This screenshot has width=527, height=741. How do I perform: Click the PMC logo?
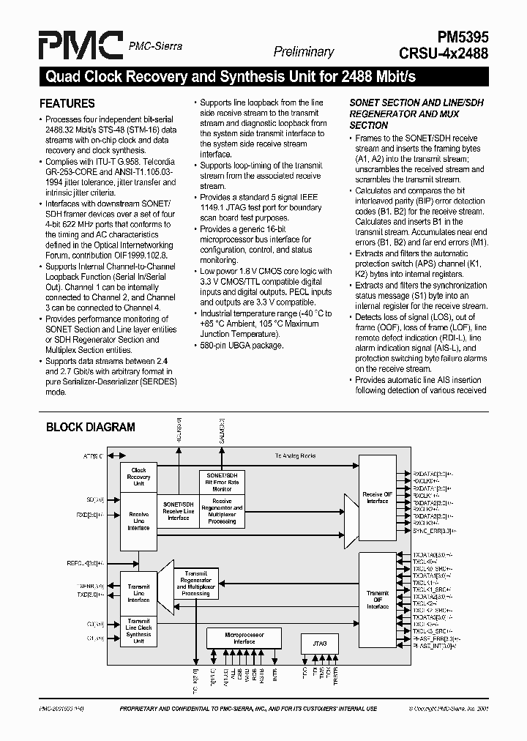80,46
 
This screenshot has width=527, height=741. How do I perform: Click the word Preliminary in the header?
303,51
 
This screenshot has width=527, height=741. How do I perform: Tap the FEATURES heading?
67,104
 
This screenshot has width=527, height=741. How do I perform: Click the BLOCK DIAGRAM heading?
91,427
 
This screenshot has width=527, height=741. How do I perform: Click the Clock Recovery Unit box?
138,477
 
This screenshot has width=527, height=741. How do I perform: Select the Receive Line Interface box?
138,521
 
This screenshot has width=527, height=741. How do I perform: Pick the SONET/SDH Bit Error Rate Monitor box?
223,482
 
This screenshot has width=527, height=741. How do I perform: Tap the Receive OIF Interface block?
377,497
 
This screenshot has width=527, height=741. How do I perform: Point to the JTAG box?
319,644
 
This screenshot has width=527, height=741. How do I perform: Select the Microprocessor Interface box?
244,638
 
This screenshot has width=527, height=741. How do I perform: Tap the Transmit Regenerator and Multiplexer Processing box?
195,584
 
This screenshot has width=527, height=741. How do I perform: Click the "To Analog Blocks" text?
295,456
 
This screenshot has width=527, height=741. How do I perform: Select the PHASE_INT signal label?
433,645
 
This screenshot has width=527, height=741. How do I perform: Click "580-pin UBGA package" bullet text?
242,346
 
